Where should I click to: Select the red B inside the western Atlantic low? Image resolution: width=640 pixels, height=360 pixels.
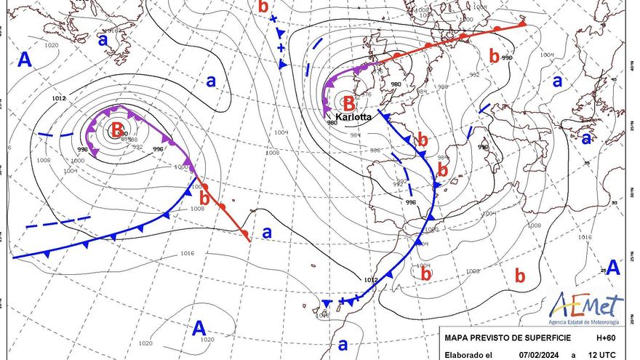click(116, 130)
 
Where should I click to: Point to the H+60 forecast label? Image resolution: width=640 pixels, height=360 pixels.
click(607, 338)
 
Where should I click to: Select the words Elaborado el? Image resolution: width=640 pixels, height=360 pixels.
click(467, 354)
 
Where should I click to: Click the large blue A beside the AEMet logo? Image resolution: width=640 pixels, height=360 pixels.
click(614, 267)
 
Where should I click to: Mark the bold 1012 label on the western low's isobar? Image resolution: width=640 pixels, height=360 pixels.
click(59, 97)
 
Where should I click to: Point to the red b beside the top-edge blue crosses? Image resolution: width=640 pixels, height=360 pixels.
click(263, 6)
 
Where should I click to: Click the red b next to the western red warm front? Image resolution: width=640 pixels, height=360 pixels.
click(204, 198)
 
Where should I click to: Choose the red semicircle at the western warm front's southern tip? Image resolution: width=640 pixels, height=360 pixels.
click(247, 233)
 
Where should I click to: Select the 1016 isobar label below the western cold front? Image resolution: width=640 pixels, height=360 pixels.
click(187, 253)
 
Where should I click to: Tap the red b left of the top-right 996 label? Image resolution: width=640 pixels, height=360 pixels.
click(495, 55)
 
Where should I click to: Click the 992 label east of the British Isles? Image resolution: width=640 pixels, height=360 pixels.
click(474, 74)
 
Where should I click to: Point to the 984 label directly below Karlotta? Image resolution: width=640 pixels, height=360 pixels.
click(356, 135)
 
